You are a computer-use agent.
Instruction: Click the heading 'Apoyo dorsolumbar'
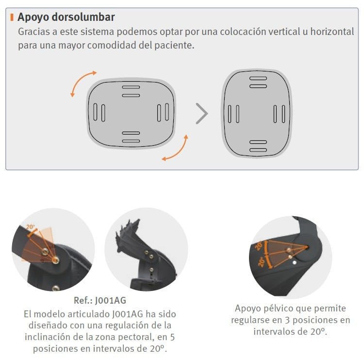66,17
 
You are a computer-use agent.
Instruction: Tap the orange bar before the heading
12,17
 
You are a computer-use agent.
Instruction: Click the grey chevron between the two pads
201,113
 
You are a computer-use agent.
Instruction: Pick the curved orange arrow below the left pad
175,149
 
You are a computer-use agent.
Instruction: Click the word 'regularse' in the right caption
251,320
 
